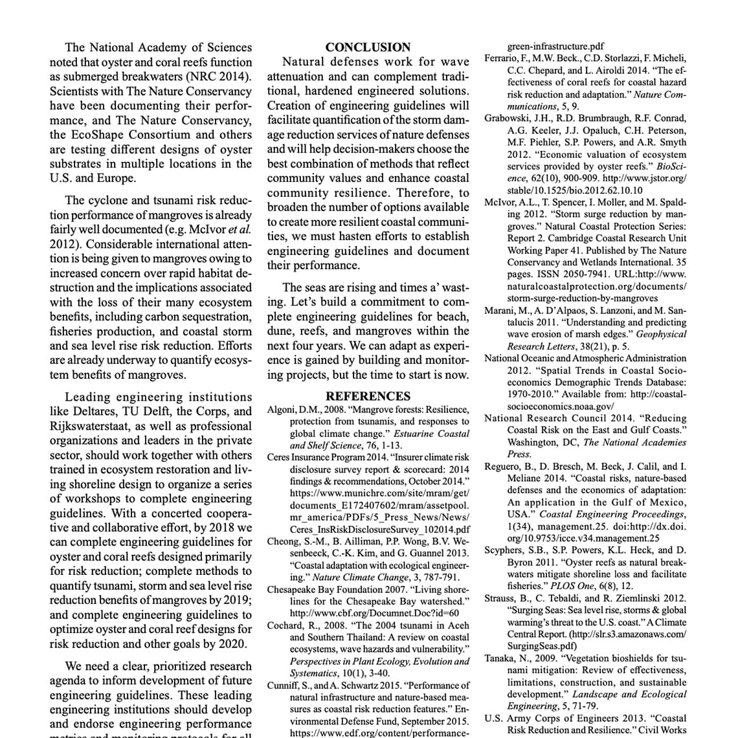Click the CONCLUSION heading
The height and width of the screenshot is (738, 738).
(368, 47)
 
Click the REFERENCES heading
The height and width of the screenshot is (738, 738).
(368, 396)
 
